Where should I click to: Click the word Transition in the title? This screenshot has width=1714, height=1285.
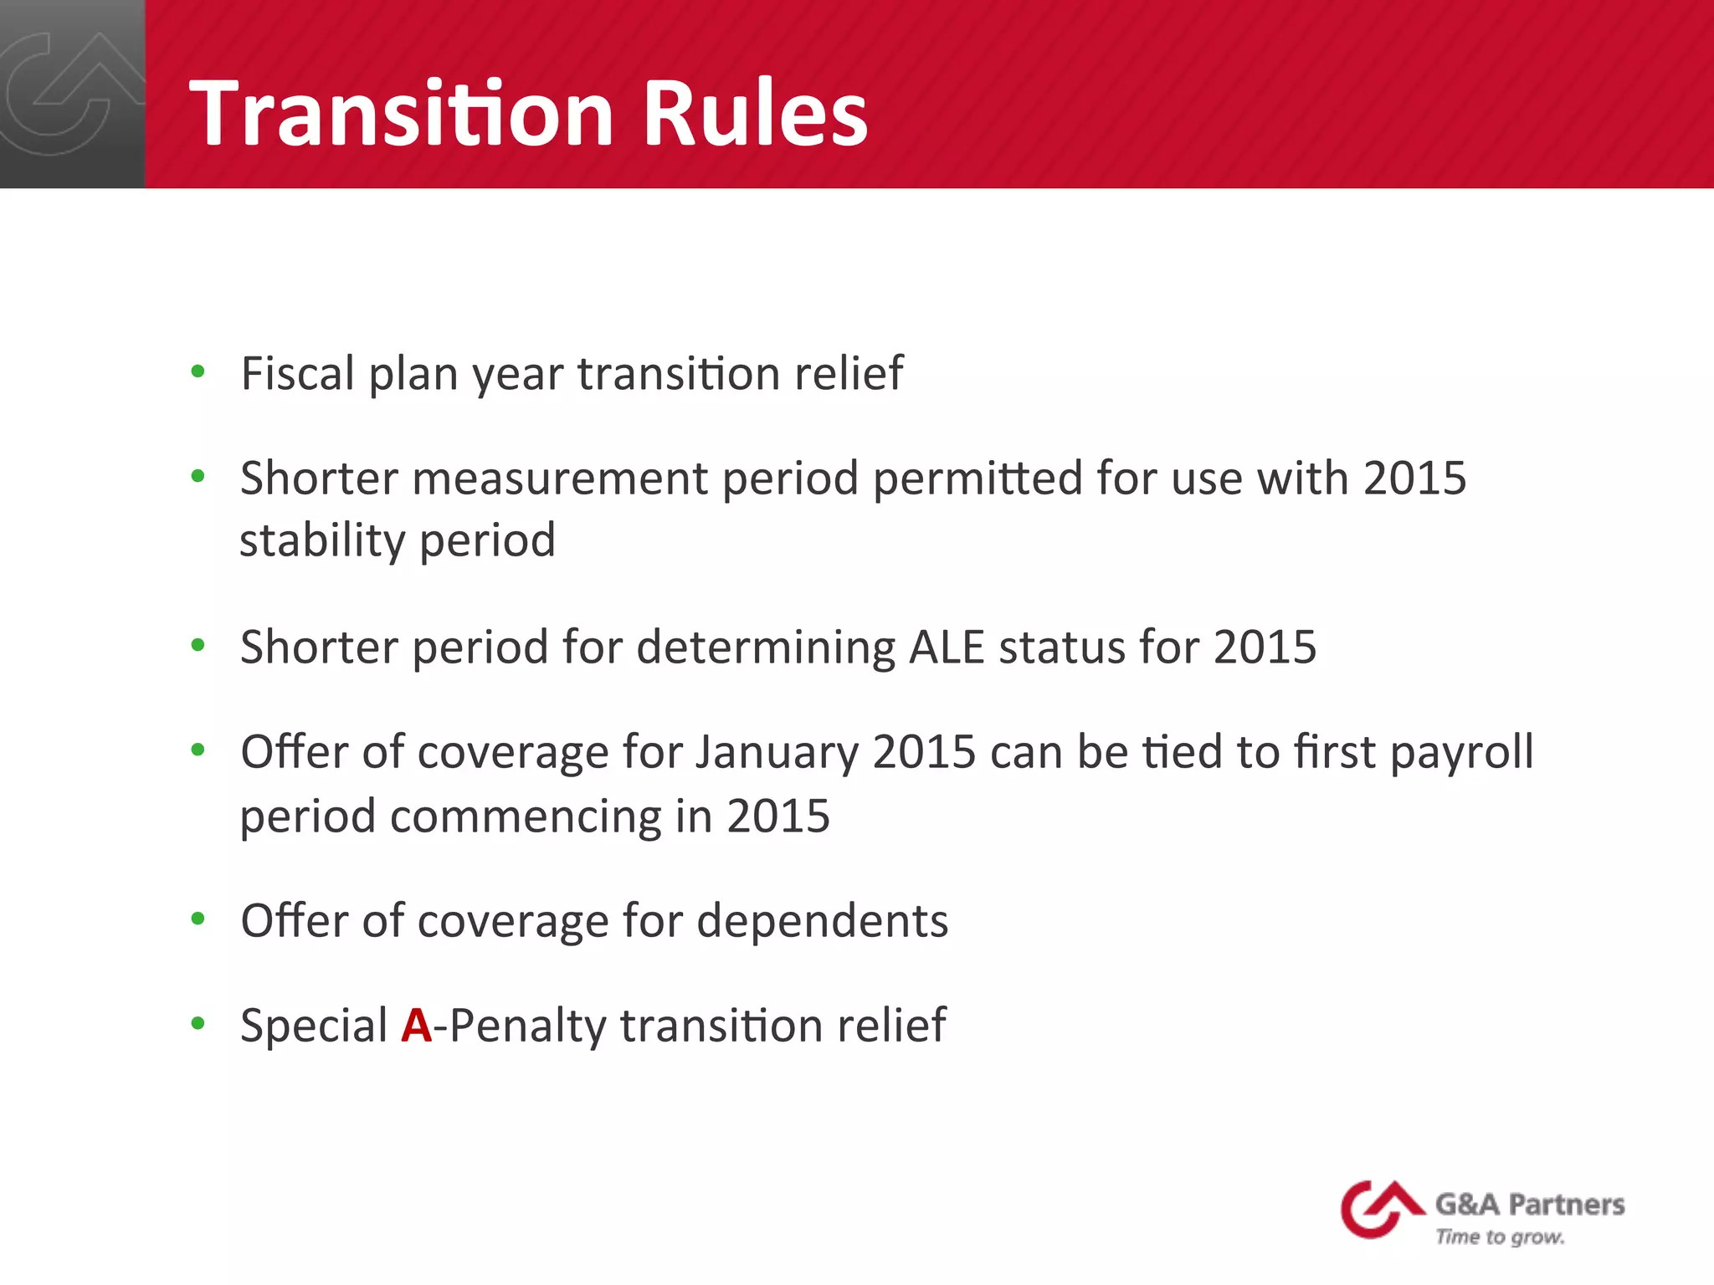coord(403,113)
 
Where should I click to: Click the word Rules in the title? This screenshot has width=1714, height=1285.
coord(755,113)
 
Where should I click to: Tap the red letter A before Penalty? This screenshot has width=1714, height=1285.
coord(416,1026)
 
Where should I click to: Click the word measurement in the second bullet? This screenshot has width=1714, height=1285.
coord(560,479)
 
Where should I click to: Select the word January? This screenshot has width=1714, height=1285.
coord(776,752)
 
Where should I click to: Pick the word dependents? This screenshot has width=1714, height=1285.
coord(823,921)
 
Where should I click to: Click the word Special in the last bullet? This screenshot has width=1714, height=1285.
coord(314,1026)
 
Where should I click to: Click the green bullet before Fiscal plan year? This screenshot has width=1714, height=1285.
coord(198,372)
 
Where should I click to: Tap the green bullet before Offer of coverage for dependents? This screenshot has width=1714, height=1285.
coord(198,919)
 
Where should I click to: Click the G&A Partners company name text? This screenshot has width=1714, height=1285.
coord(1530,1205)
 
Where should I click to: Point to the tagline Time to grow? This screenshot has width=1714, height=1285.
coord(1500,1237)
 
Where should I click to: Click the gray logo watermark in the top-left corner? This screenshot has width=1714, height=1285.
coord(71,94)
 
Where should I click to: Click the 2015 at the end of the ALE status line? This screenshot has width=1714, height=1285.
coord(1265,647)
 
